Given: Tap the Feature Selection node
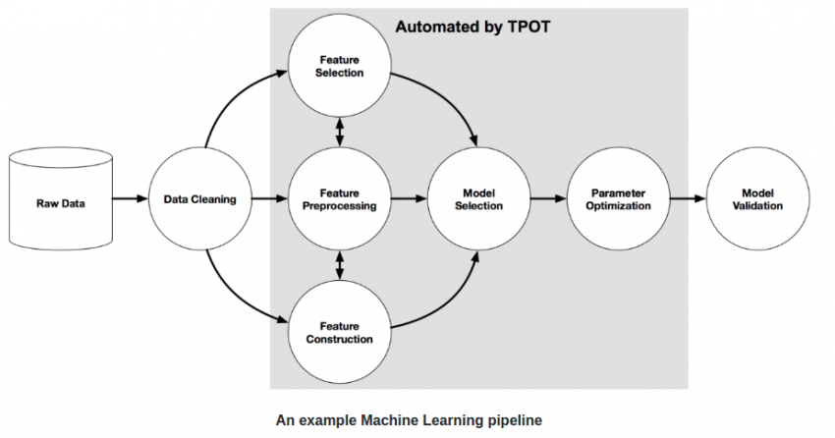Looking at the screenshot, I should coord(340,66).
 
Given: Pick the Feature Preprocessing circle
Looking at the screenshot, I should coord(340,199).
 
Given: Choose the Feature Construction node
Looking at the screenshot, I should coord(340,332).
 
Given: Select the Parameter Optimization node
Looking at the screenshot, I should coord(621,199).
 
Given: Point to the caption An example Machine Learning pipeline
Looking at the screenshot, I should coord(409,419).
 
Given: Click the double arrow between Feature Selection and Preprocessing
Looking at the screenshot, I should coord(340,133).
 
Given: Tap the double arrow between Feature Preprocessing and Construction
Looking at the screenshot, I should coord(340,265).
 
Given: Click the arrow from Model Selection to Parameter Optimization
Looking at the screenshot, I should coord(550,199).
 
